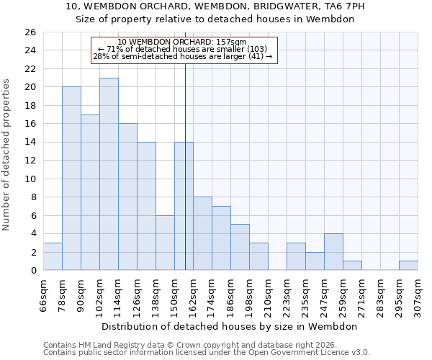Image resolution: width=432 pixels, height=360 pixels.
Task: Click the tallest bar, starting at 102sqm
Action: [109, 174]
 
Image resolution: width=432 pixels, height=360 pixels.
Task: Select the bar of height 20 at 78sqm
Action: [71, 179]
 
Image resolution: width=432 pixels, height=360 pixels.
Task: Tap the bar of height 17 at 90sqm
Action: [90, 192]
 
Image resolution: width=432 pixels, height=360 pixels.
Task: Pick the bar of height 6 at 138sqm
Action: [165, 243]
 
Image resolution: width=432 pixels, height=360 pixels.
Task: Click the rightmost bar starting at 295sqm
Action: [408, 266]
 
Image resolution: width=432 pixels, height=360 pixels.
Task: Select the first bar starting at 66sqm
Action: [53, 256]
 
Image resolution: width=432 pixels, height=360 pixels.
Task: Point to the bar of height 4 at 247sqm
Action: [333, 252]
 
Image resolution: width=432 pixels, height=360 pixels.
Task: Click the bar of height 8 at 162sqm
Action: [202, 233]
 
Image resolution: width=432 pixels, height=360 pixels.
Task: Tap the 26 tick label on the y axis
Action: [30, 32]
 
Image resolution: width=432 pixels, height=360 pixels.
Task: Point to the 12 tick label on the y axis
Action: [30, 161]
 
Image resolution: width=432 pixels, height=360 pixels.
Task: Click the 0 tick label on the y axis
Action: [32, 271]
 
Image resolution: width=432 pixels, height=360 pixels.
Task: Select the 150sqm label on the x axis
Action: [175, 297]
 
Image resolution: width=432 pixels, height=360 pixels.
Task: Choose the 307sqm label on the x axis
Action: [418, 297]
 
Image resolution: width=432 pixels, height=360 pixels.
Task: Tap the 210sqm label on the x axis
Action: [269, 297]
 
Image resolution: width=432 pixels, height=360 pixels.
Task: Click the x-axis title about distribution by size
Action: [230, 326]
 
